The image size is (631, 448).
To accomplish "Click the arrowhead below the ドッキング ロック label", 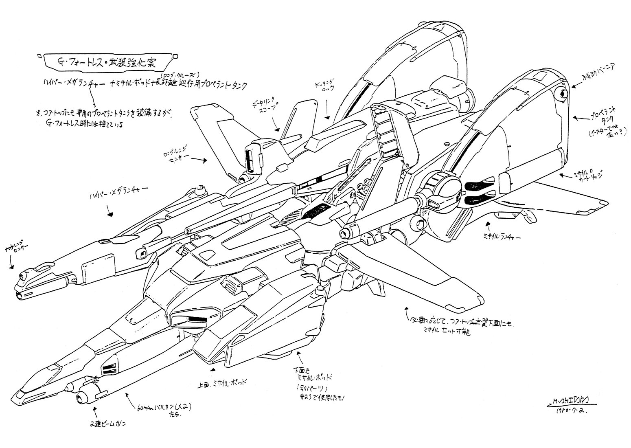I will pos(327,118).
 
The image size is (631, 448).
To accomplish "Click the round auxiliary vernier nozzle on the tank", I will pos(562,95).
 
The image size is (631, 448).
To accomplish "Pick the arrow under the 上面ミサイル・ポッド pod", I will pos(213,369).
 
